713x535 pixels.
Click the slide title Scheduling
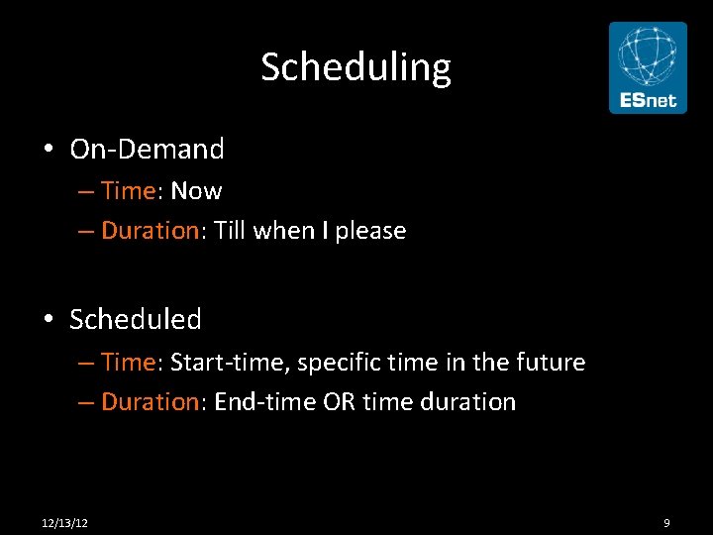356,67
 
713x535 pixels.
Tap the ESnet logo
648,67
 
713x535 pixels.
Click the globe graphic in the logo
648,55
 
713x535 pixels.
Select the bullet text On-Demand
147,149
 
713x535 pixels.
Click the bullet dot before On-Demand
48,150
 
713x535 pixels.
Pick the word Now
196,190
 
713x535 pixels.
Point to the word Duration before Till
151,230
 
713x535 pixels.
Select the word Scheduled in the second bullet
136,319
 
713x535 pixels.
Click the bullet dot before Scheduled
48,320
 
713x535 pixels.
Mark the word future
551,362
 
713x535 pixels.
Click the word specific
338,363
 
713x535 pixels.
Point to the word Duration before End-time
151,401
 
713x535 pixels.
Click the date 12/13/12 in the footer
65,522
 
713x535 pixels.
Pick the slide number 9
666,522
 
